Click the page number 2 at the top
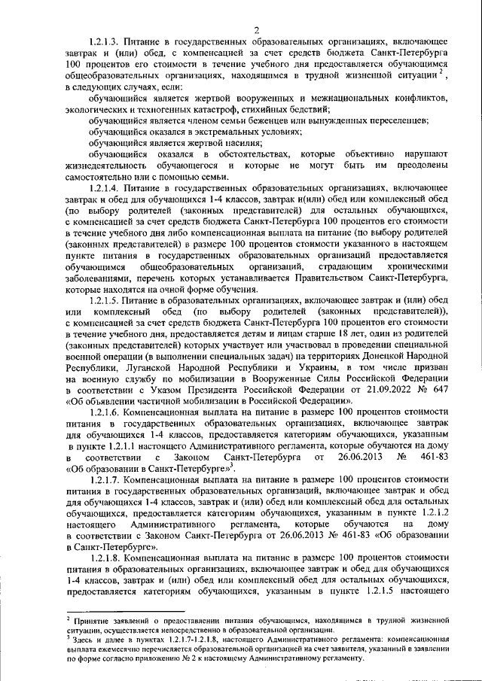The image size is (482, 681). [256, 29]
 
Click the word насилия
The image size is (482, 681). [241, 142]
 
